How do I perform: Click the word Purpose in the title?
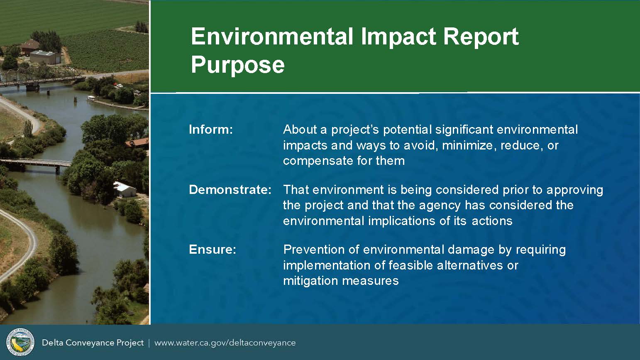click(x=238, y=65)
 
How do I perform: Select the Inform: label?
click(x=211, y=130)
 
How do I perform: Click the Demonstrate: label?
click(x=230, y=190)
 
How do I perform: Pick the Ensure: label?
click(x=212, y=250)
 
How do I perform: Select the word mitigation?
click(x=310, y=281)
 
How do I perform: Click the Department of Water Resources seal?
click(x=20, y=342)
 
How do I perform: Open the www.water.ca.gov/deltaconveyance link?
click(x=225, y=343)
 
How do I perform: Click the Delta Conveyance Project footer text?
click(x=93, y=343)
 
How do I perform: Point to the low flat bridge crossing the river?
click(x=36, y=164)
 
